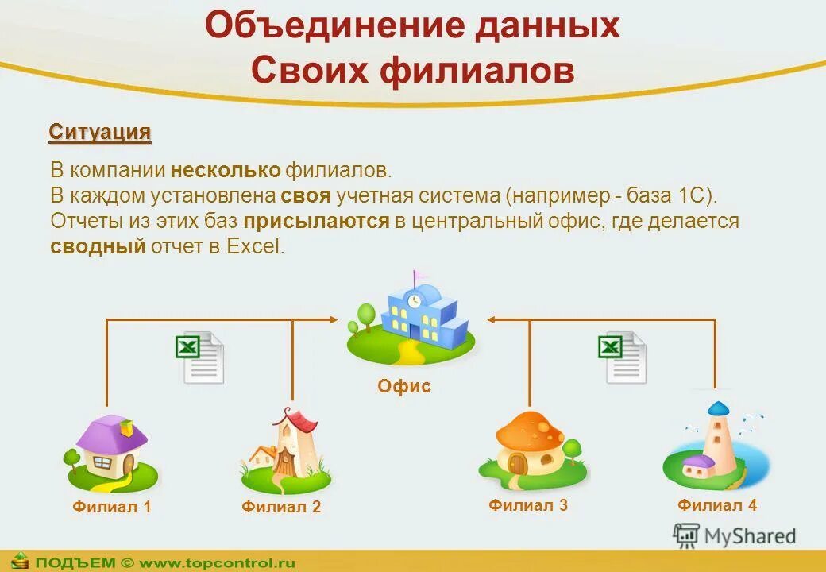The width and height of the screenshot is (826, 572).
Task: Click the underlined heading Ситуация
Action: [100, 132]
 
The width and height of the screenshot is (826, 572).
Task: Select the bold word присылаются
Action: [316, 221]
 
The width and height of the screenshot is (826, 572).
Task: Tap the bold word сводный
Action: [98, 246]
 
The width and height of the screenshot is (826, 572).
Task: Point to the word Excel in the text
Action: [254, 246]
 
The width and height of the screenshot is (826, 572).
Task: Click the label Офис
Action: [404, 387]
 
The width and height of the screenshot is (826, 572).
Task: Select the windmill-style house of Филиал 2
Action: [286, 449]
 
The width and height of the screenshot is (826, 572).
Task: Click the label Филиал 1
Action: [111, 507]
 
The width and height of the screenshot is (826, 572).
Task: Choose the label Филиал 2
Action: [281, 507]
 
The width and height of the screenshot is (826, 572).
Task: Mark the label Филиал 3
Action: [528, 504]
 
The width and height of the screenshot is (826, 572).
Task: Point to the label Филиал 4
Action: [717, 504]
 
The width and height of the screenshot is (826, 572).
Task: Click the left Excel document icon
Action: [199, 357]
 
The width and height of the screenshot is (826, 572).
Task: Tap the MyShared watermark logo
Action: [735, 536]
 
